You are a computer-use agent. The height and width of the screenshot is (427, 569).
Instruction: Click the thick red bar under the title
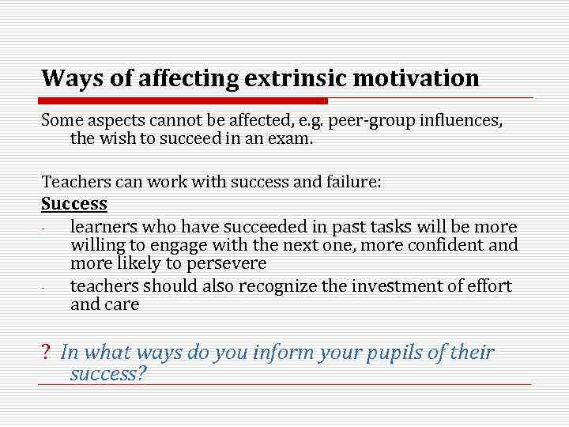coord(184,101)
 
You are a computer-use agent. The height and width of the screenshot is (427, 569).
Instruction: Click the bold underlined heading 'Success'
coord(73,203)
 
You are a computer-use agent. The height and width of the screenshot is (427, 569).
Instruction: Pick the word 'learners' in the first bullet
coord(102,227)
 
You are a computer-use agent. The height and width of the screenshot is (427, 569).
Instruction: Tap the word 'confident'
coord(452,245)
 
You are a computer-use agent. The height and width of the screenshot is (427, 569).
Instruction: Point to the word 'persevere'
coord(229,263)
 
